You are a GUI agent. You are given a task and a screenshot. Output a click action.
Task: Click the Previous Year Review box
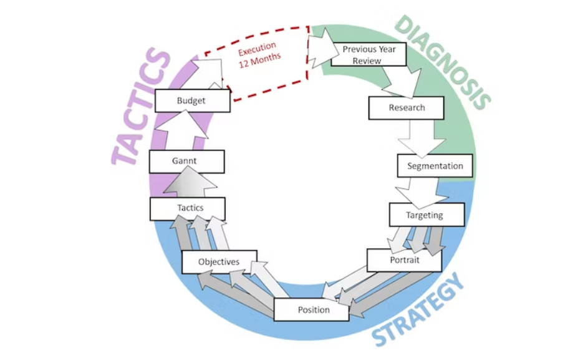[x=369, y=54]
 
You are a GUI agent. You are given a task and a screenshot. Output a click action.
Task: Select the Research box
[x=406, y=108]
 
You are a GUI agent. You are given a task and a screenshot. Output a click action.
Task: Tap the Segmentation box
[x=435, y=166]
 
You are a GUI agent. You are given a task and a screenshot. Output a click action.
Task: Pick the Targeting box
[x=426, y=215]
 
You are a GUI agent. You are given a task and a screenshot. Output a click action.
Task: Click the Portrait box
[x=403, y=260]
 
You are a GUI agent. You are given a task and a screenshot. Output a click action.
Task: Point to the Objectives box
[x=219, y=262]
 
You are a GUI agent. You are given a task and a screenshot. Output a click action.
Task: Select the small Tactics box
[x=186, y=208]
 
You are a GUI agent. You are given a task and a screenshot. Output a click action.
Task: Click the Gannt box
[x=186, y=161]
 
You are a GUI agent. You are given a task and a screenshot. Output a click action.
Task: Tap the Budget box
[x=191, y=100]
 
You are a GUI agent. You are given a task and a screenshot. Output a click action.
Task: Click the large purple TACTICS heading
[x=141, y=107]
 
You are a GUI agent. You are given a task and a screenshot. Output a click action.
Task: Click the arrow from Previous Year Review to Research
[x=399, y=81]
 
